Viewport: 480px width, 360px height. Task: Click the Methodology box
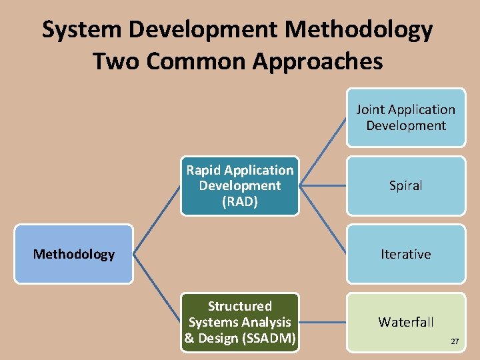click(x=74, y=254)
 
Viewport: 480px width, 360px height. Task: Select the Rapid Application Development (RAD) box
click(x=239, y=186)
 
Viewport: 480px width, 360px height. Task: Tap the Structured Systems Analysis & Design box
click(x=239, y=322)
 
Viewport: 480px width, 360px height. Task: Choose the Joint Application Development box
click(x=405, y=118)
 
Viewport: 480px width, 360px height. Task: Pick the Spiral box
click(x=405, y=186)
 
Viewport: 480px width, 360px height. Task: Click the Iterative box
click(x=405, y=254)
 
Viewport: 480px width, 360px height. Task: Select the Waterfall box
click(x=405, y=322)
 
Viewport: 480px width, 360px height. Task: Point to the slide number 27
click(x=455, y=341)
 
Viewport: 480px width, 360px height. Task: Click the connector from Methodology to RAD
click(x=157, y=220)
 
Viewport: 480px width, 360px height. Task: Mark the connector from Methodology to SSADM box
click(x=157, y=288)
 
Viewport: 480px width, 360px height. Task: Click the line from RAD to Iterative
click(x=323, y=220)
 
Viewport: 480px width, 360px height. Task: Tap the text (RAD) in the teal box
click(x=240, y=202)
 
